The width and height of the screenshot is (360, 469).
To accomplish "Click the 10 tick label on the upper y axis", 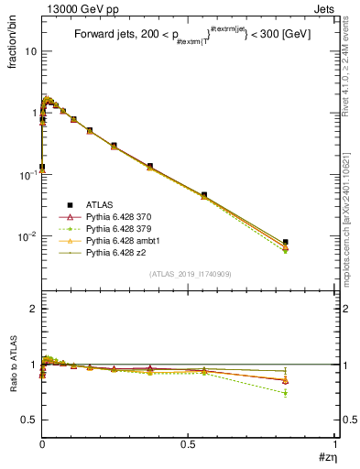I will tap(29, 51).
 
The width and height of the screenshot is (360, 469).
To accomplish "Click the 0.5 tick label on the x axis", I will tap(188, 444).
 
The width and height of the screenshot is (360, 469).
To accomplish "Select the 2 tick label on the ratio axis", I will tap(33, 310).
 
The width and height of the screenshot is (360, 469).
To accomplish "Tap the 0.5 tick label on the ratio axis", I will tap(29, 420).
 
